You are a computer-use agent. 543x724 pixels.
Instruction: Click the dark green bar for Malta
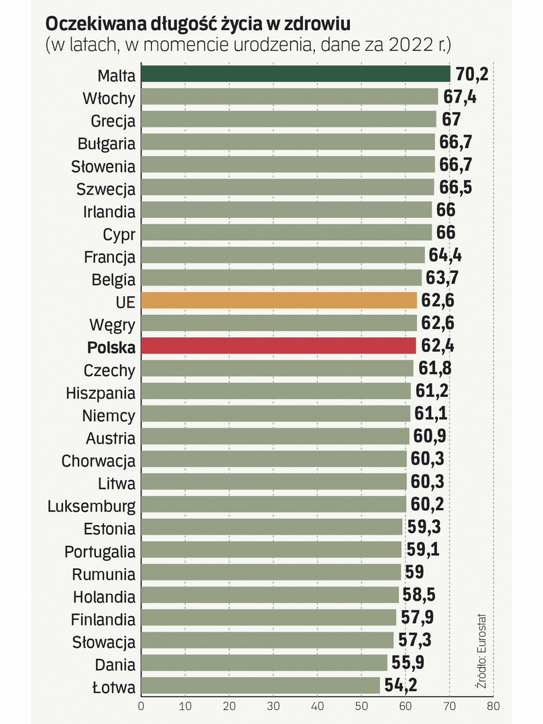tap(295, 74)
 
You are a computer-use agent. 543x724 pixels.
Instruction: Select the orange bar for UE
tap(279, 300)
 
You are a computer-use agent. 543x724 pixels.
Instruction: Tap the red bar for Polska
tap(278, 347)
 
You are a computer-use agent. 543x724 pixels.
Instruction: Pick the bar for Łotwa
tap(260, 686)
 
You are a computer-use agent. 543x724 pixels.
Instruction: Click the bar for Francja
tap(282, 255)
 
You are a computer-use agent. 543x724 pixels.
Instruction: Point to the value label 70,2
tap(471, 74)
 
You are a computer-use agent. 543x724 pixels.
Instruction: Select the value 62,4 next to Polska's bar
tap(438, 347)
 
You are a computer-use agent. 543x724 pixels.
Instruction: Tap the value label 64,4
tap(444, 255)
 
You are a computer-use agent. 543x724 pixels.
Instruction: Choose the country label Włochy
tap(109, 98)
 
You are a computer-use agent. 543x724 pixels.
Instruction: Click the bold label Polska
tap(111, 347)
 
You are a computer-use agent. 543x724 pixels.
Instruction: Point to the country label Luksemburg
tap(91, 505)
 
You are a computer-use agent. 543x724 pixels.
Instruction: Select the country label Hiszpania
tap(101, 393)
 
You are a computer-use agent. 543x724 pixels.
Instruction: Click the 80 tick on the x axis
tap(493, 706)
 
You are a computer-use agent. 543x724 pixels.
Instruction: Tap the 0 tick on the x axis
tap(141, 706)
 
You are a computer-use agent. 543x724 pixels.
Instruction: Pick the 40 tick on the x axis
tap(317, 706)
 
